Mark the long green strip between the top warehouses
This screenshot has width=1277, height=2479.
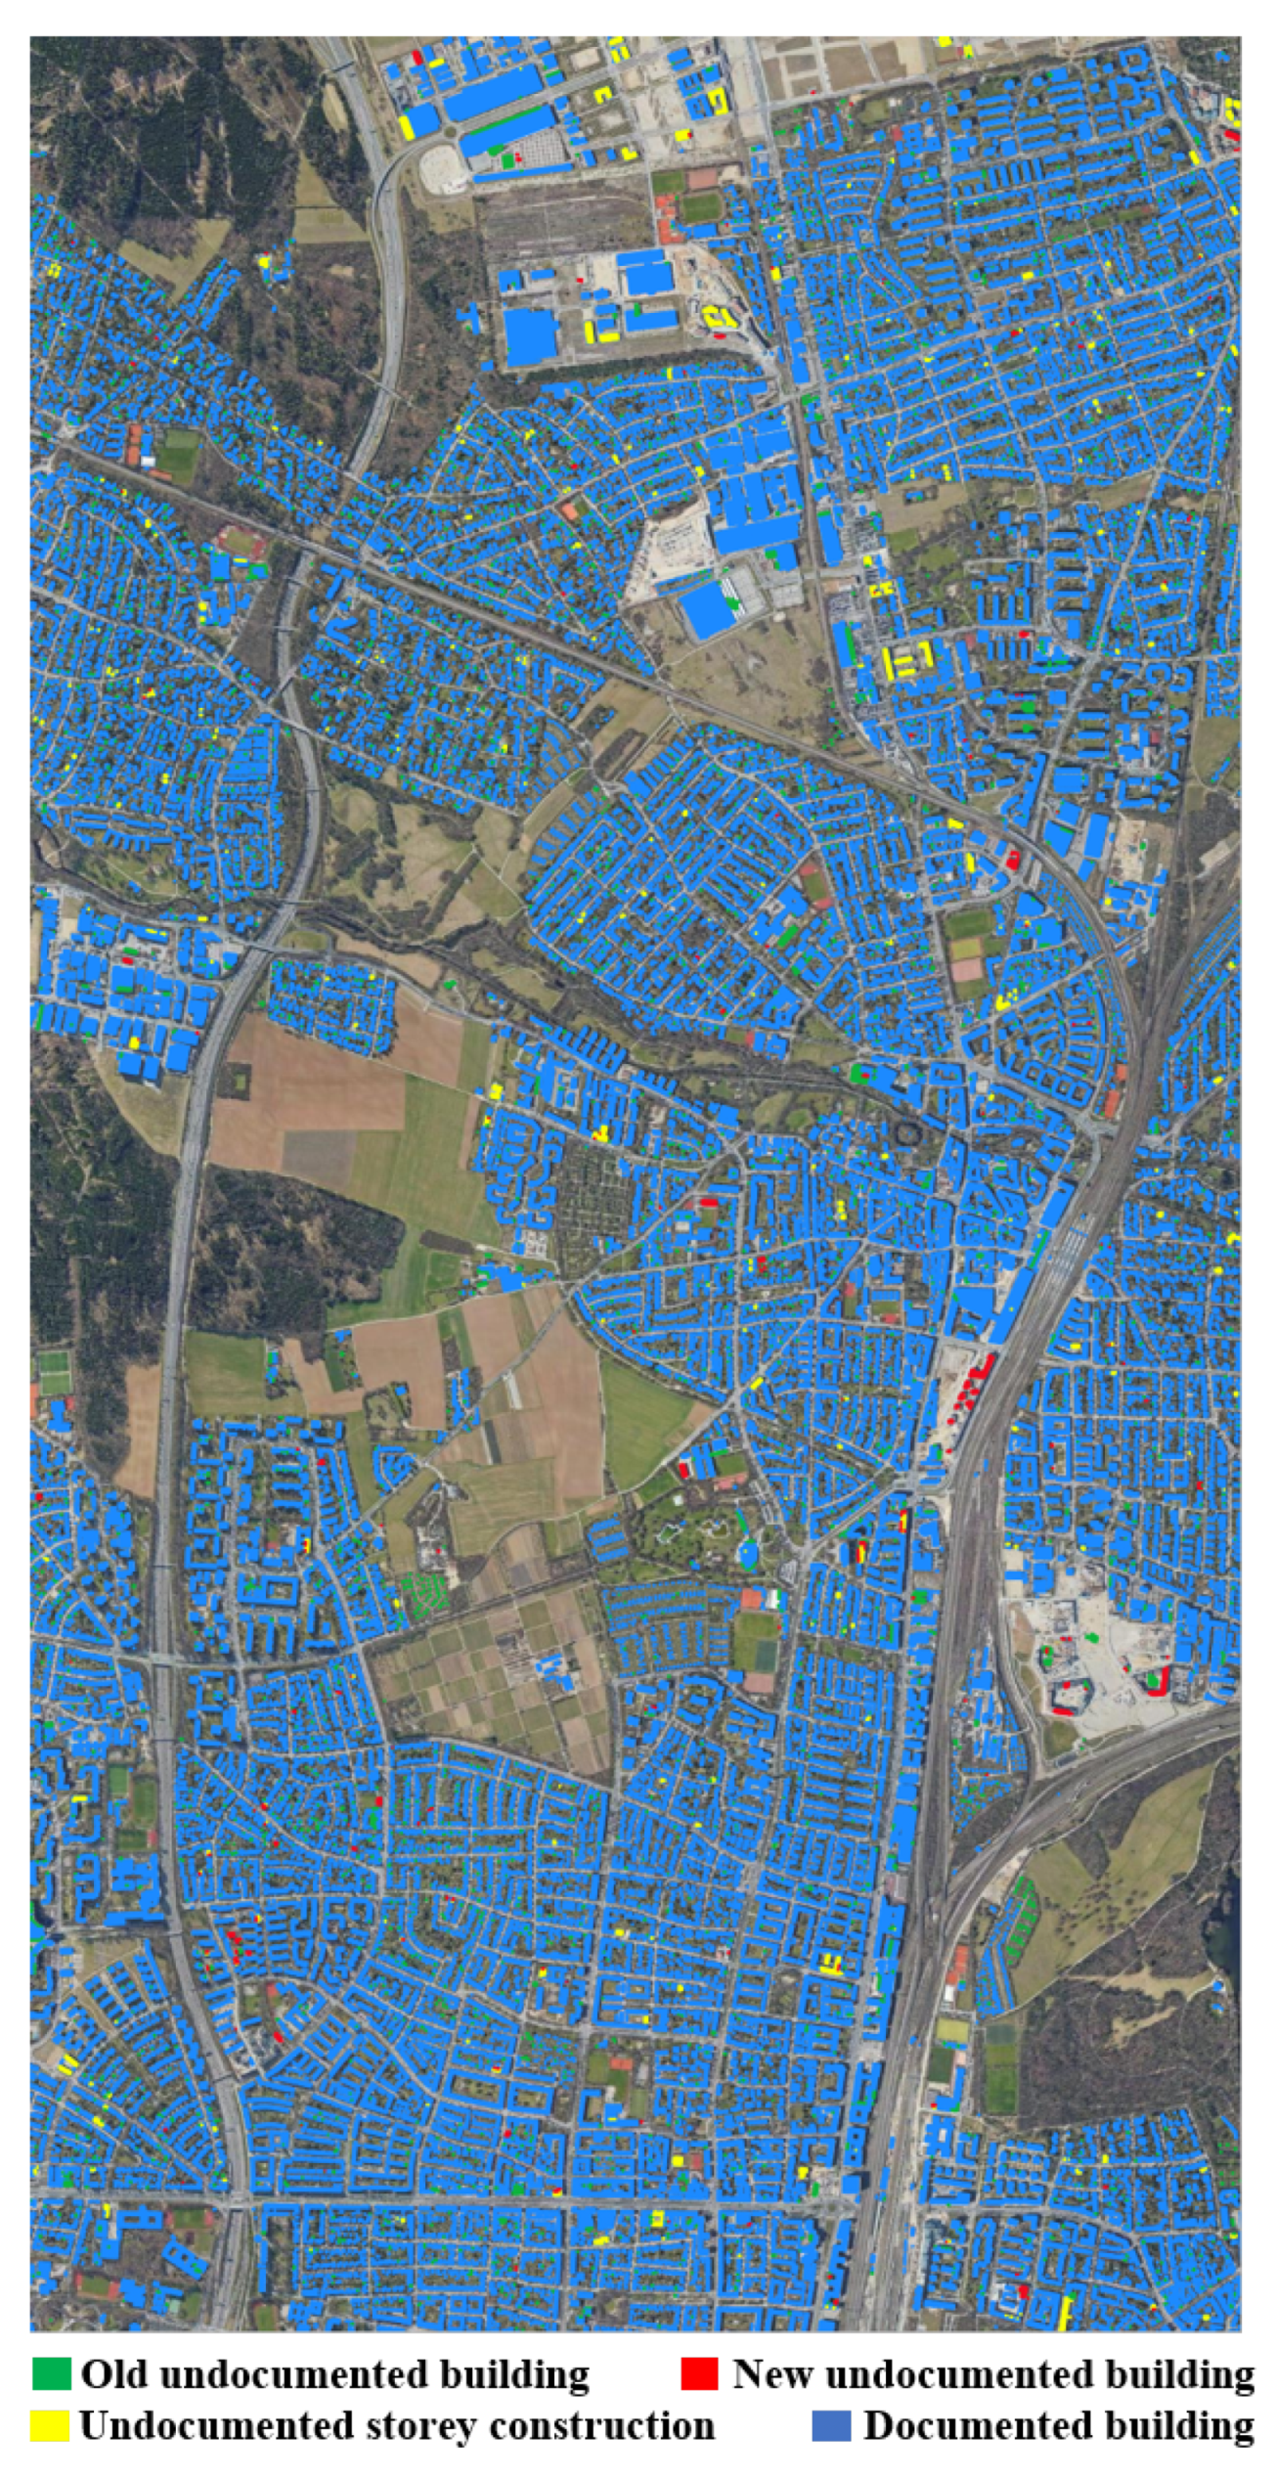(x=508, y=123)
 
